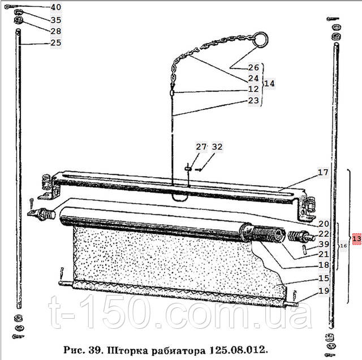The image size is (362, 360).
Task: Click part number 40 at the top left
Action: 56,8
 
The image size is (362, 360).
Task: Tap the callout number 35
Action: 56,20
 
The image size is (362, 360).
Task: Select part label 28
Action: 56,31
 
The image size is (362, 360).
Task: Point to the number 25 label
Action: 56,43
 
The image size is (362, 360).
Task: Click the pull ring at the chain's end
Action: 261,39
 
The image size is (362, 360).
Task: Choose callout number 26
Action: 253,67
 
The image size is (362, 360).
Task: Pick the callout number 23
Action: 253,101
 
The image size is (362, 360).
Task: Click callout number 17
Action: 322,173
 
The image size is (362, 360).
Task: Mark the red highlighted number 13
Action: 356,239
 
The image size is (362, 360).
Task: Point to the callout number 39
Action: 324,244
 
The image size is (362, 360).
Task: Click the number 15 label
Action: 324,278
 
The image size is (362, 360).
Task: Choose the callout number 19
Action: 324,292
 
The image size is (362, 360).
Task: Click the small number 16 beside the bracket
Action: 343,247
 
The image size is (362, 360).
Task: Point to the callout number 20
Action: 324,224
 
